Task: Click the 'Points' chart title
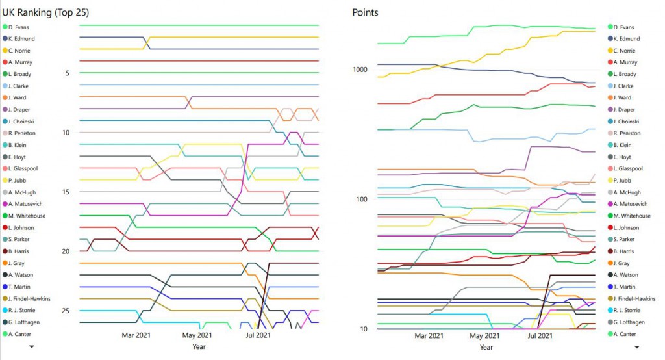pyautogui.click(x=365, y=12)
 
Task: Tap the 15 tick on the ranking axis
pyautogui.click(x=66, y=192)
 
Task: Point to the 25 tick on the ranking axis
pyautogui.click(x=66, y=311)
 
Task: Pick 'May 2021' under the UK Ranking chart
pyautogui.click(x=196, y=335)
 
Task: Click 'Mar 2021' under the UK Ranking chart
pyautogui.click(x=136, y=335)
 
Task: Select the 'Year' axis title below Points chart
pyautogui.click(x=486, y=347)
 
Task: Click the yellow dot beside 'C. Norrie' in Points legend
pyautogui.click(x=611, y=51)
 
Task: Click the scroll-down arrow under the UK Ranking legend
pyautogui.click(x=31, y=347)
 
